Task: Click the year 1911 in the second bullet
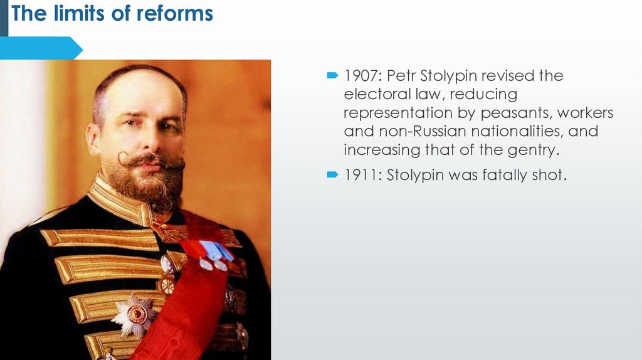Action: point(361,175)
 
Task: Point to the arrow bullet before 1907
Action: point(332,76)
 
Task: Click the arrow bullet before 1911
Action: point(332,175)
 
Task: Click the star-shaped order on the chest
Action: point(133,314)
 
